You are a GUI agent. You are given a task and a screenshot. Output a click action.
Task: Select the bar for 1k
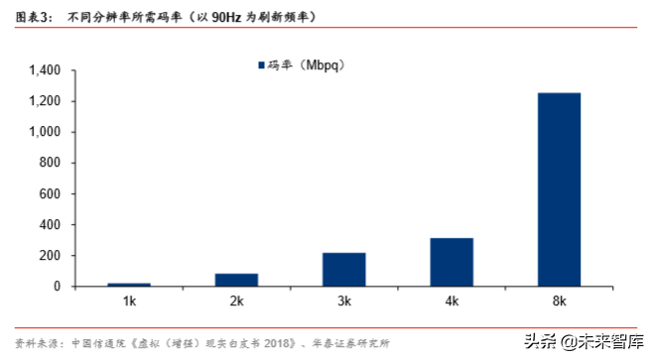point(128,285)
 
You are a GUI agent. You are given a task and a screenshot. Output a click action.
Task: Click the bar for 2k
point(236,280)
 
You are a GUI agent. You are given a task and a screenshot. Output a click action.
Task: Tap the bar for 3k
point(343,270)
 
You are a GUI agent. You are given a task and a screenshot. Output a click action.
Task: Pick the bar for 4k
point(452,262)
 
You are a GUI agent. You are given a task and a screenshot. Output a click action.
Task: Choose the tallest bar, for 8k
point(559,189)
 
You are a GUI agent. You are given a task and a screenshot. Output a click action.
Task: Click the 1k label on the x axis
point(128,300)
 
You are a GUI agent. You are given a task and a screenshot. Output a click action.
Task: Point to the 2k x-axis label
point(236,300)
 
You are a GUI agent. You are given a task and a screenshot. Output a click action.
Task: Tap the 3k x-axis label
point(343,300)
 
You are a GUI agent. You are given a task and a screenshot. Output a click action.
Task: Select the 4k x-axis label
point(452,300)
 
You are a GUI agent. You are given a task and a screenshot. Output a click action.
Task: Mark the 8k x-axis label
point(559,300)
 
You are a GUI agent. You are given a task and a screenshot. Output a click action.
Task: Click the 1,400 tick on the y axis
point(46,70)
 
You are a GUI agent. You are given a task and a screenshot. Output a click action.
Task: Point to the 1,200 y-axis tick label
point(46,101)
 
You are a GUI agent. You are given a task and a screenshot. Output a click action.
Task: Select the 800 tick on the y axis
point(52,163)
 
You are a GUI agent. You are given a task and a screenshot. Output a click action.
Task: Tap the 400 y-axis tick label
point(52,225)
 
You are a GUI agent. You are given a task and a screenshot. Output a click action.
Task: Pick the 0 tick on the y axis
point(59,287)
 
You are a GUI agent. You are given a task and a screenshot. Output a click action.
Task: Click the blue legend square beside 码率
point(260,65)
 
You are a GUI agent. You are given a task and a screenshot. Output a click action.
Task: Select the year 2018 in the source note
point(279,343)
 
